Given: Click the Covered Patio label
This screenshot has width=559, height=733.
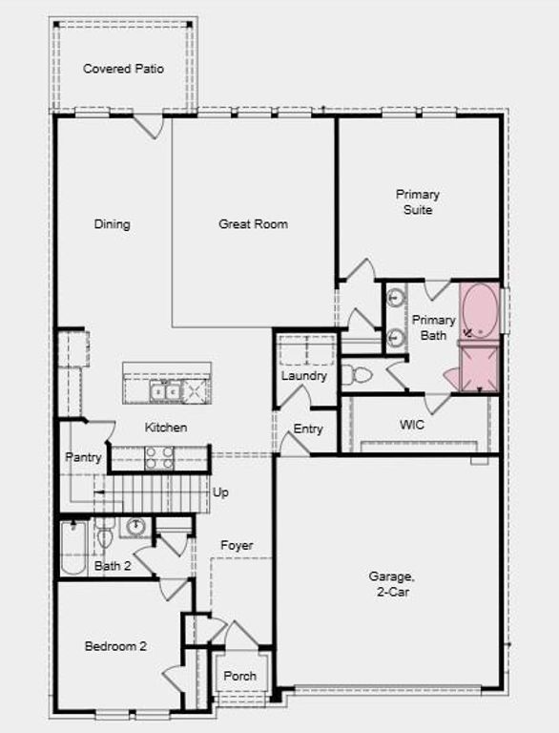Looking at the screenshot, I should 123,69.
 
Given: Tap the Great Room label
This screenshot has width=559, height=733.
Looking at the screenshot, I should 253,224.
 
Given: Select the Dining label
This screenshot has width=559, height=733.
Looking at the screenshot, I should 112,224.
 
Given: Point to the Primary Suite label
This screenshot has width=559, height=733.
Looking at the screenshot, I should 418,202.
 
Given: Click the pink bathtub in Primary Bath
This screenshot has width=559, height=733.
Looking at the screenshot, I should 480,310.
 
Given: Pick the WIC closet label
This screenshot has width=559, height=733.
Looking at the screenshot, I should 411,425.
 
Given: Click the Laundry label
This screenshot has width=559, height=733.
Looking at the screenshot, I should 304,376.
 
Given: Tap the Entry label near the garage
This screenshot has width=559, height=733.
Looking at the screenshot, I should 308,429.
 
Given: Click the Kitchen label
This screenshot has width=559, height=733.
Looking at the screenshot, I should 166,428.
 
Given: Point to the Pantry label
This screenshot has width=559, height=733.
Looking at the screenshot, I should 83,458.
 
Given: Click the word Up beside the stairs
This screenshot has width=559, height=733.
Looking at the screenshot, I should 220,493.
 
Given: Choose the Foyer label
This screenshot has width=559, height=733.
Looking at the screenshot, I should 237,546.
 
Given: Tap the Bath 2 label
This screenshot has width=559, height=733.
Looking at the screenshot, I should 113,567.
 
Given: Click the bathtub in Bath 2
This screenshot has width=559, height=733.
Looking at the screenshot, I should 73,550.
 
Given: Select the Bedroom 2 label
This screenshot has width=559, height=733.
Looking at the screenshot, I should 115,646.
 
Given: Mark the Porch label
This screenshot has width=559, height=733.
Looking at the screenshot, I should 240,677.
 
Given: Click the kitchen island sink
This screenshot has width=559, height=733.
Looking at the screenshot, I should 165,390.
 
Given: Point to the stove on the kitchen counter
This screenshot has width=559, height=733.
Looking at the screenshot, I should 158,458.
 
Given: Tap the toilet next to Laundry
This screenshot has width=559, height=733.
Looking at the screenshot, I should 358,374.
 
